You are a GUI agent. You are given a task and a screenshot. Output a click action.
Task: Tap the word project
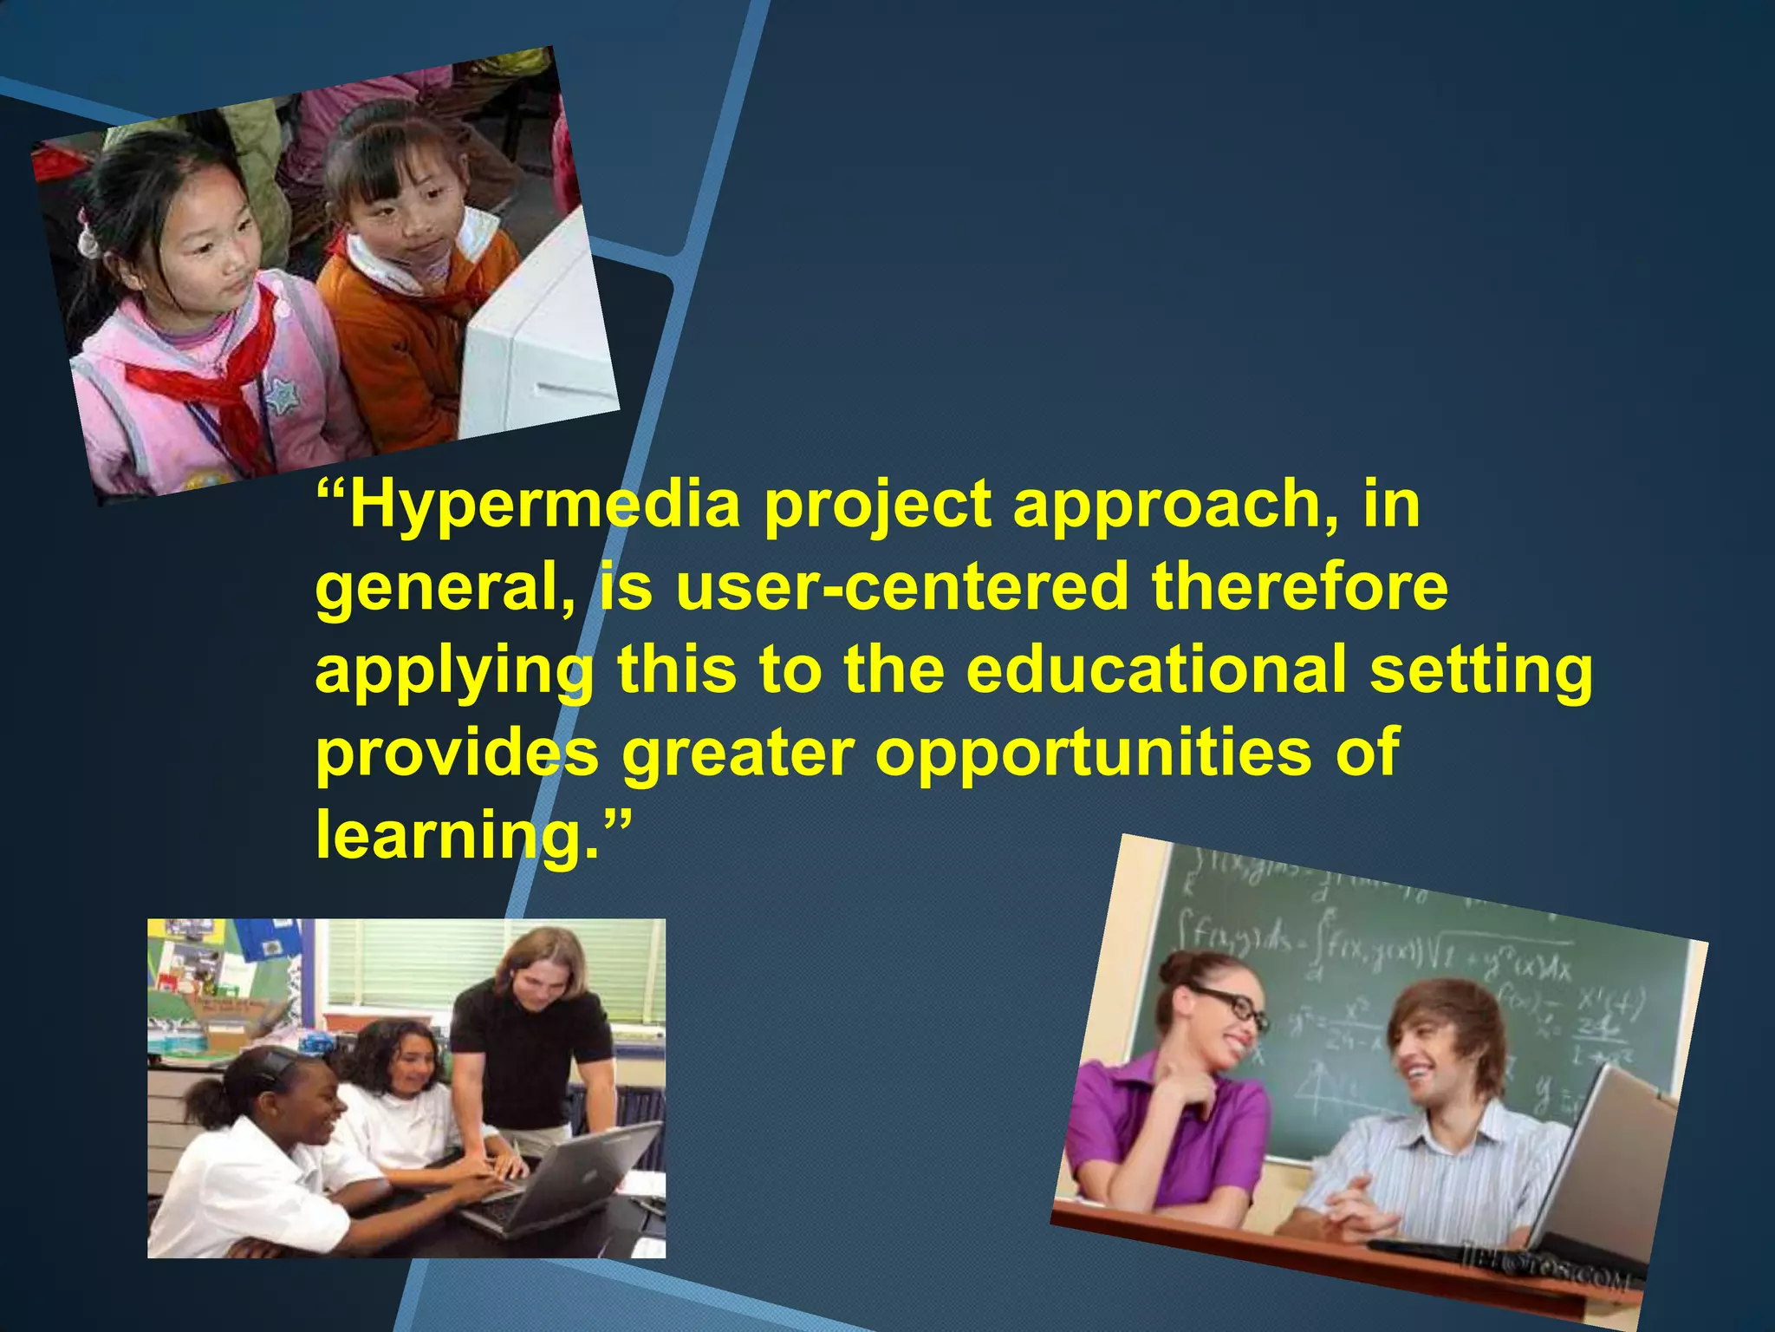[x=876, y=506]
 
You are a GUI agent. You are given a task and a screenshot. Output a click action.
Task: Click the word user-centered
[x=901, y=588]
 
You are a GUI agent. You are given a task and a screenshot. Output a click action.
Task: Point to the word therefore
[x=1300, y=588]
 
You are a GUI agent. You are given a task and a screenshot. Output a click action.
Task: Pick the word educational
[x=1157, y=669]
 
